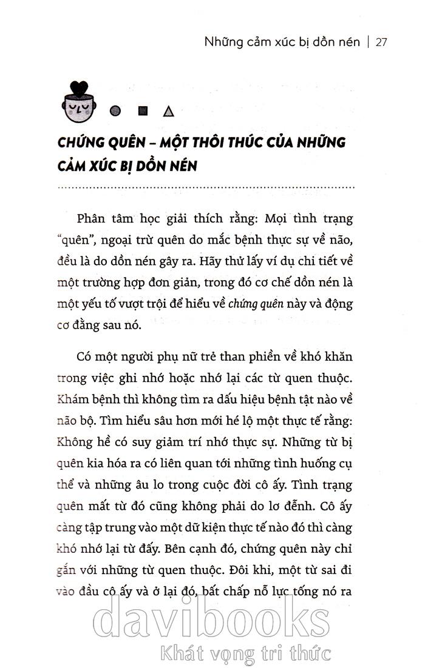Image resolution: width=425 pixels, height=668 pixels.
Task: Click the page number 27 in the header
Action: pos(381,42)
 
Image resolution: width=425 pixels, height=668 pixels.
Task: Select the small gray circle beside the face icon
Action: pos(115,111)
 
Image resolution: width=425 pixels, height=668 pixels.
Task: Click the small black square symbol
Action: pos(143,111)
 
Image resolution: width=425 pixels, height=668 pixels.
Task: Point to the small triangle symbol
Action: pos(169,111)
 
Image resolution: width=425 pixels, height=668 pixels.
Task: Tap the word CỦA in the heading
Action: pos(291,144)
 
